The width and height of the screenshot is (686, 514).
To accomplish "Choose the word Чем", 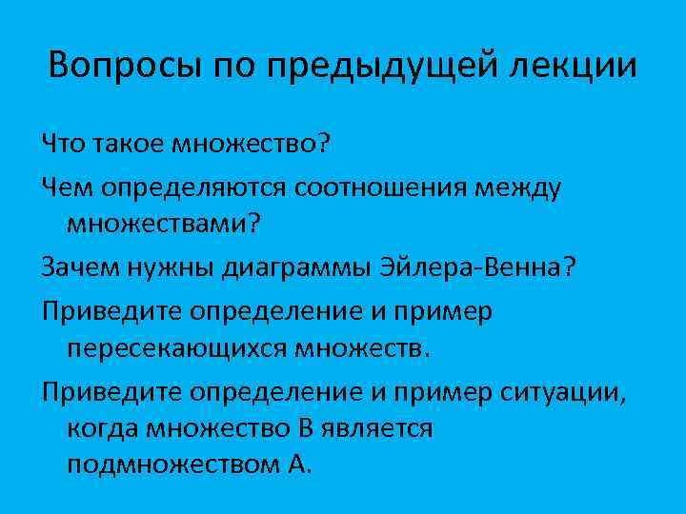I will point(64,188).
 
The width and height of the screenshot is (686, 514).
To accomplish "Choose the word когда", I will point(103,428).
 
